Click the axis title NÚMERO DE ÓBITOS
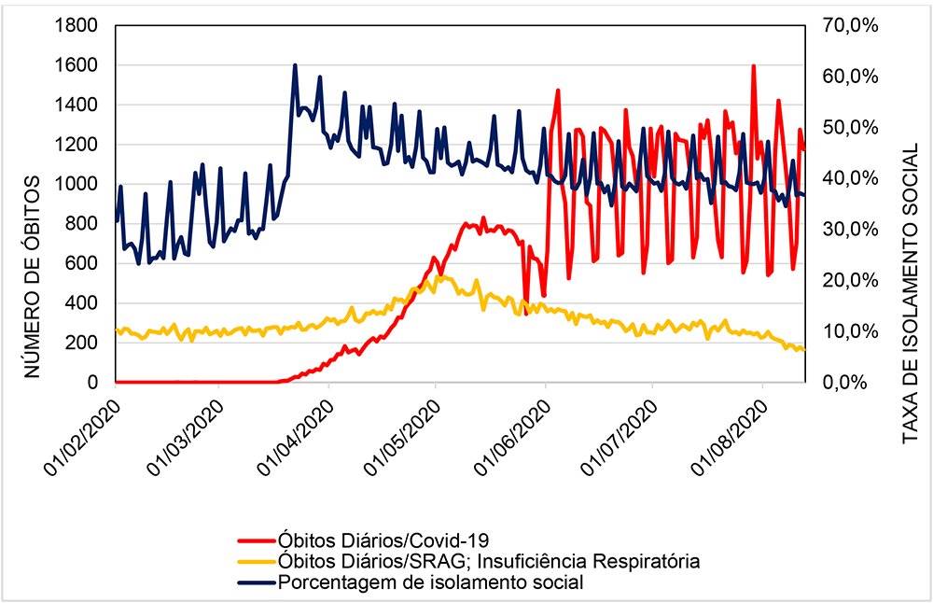tap(32, 275)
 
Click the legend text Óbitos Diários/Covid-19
tap(383, 540)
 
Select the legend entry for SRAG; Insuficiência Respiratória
tap(488, 561)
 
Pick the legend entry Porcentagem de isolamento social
tap(430, 582)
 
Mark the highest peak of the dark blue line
tap(295, 65)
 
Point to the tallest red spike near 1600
tap(752, 66)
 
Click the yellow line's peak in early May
tap(439, 276)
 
